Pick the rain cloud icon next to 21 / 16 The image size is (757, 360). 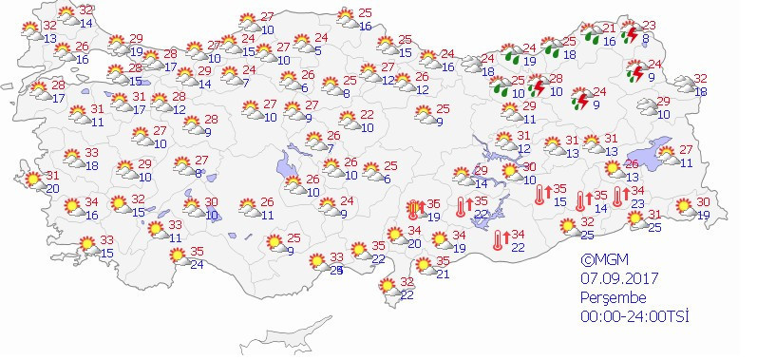[x=593, y=36]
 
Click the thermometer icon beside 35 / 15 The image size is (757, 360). [x=540, y=195]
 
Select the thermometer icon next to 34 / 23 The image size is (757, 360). [x=617, y=197]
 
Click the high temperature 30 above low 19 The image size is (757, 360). [x=705, y=201]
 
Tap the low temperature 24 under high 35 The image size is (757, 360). [x=198, y=264]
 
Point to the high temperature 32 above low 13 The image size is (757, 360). [x=49, y=25]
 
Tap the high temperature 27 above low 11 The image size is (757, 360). [x=687, y=150]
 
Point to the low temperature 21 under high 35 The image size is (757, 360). [x=444, y=275]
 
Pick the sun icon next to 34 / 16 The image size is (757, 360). [x=71, y=206]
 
